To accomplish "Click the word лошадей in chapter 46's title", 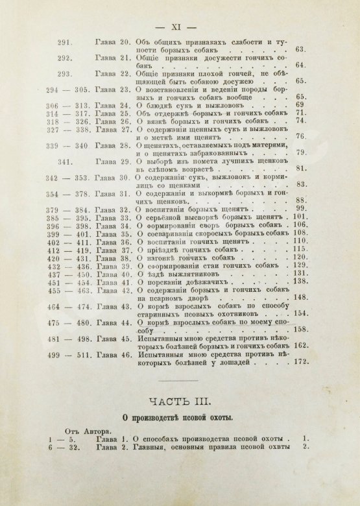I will [250, 365].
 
